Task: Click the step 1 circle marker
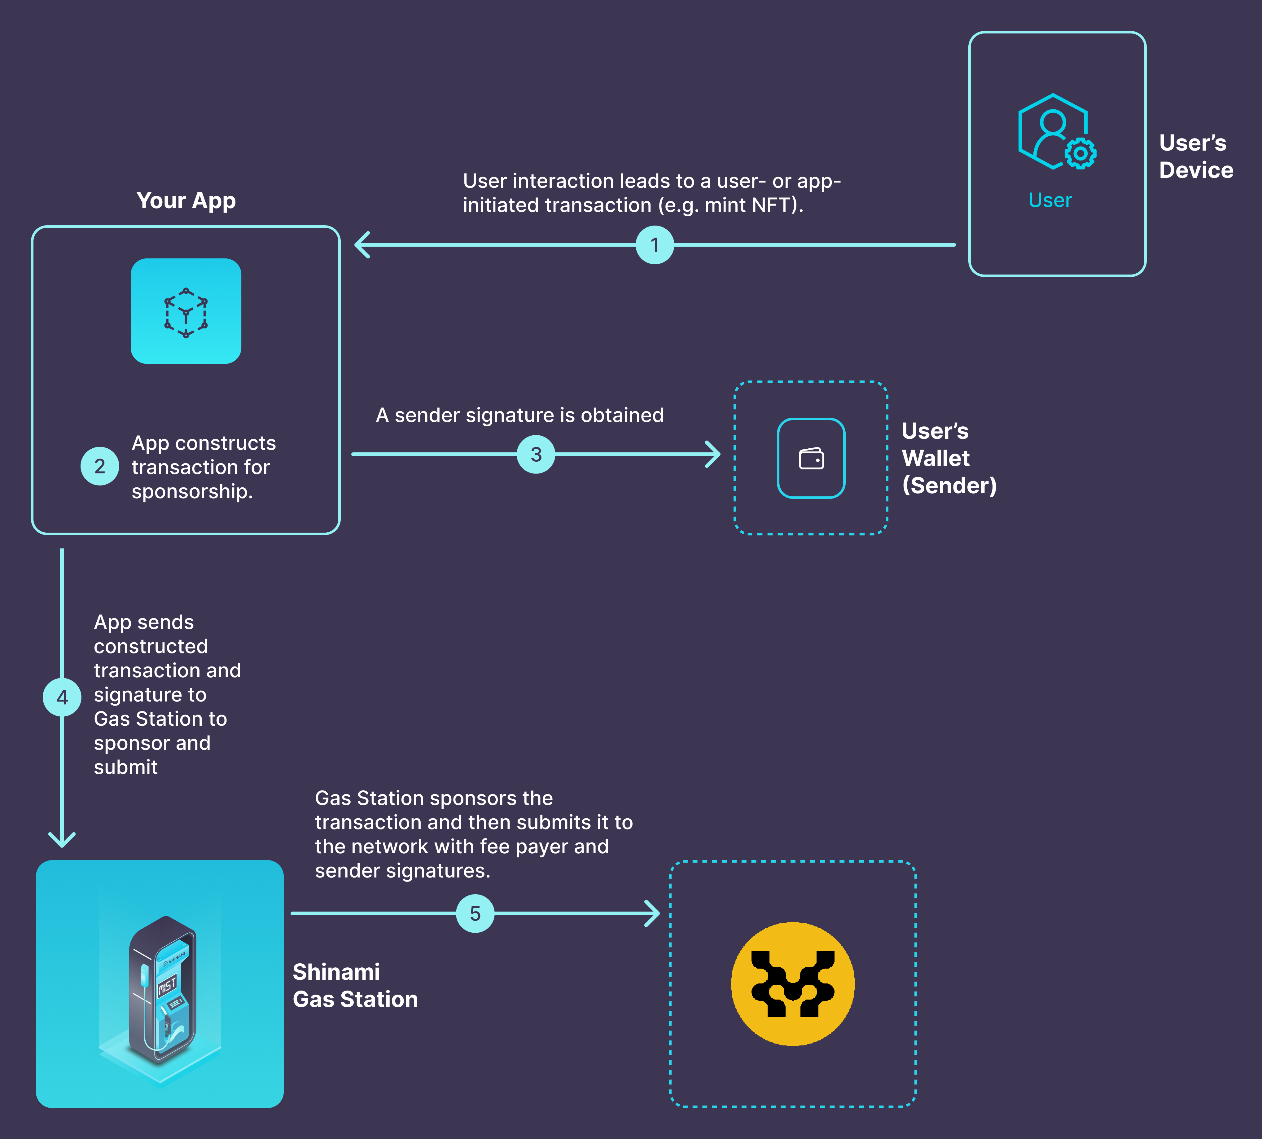point(655,245)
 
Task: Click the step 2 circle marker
point(99,466)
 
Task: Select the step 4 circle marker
point(62,697)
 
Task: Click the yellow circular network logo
point(793,984)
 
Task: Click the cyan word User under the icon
point(1050,200)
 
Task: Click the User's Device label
point(1196,156)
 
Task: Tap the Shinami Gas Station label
point(355,986)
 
